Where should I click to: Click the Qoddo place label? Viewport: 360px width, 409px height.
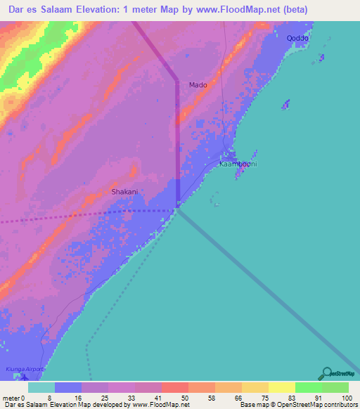point(298,39)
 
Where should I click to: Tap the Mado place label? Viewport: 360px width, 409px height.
point(198,85)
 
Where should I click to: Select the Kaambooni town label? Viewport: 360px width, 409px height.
point(238,164)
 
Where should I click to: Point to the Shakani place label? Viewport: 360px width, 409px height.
point(124,191)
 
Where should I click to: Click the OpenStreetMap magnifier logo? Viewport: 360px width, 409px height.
point(325,374)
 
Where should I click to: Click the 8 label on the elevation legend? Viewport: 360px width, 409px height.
point(49,398)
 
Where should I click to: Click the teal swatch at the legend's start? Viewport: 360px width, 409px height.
point(41,387)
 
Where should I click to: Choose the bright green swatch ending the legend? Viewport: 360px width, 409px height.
point(335,387)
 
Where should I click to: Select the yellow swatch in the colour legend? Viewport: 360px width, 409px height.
point(281,387)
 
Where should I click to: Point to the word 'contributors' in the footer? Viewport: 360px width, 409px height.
point(340,405)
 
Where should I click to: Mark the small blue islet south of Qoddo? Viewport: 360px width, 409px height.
point(285,105)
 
